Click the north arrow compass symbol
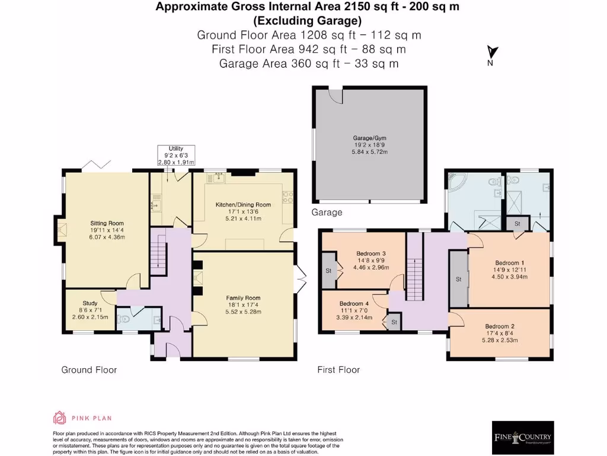[491, 55]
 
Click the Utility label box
[175, 155]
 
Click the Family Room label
[243, 305]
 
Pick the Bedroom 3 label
[370, 260]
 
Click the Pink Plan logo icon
[59, 417]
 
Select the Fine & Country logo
[523, 438]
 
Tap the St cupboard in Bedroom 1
[458, 278]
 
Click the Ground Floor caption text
[89, 370]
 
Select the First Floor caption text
[338, 370]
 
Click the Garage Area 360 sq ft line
[308, 63]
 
